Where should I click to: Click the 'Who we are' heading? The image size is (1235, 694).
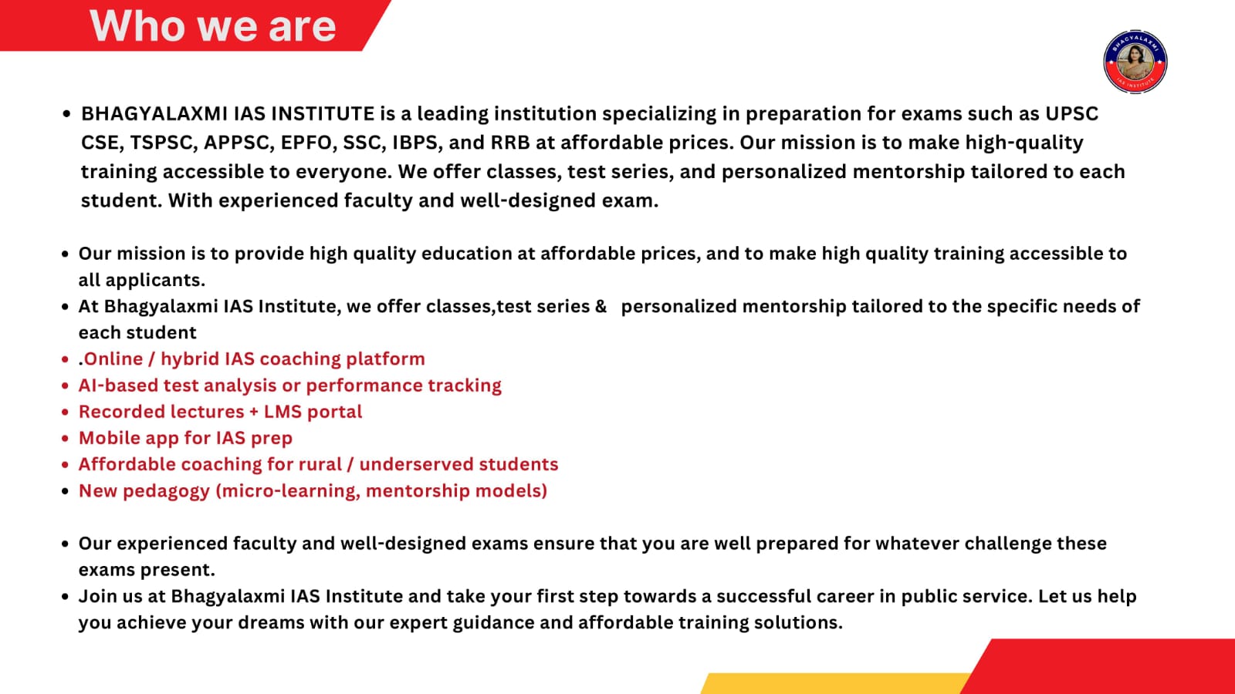coord(213,26)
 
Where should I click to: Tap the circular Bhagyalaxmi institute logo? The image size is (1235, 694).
coord(1135,62)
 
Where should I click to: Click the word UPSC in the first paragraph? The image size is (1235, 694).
coord(1072,113)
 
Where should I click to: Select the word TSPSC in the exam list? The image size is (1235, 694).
coord(164,143)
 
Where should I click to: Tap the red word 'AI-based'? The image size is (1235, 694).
coord(118,385)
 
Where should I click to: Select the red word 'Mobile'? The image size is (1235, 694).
coord(107,438)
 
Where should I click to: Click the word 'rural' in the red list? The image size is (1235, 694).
coord(320,464)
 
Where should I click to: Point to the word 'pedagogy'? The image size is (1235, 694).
coord(167,490)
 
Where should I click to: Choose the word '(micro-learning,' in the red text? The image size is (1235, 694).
coord(288,490)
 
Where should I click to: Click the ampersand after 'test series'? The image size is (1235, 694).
coord(601,306)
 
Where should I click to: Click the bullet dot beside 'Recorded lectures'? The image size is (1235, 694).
coord(65,412)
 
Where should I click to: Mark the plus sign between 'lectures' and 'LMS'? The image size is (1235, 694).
coord(254,413)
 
